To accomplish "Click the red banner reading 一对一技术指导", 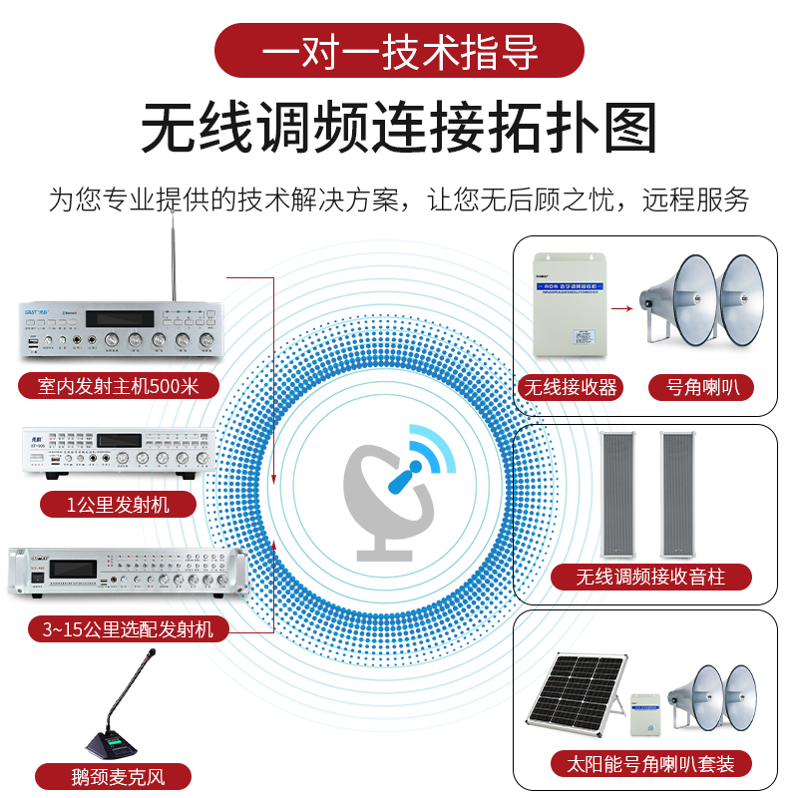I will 399,51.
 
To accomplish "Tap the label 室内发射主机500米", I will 118,386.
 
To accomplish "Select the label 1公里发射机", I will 118,504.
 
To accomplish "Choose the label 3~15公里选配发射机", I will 128,628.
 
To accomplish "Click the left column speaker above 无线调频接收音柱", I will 619,493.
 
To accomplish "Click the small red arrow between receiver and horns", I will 622,309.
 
